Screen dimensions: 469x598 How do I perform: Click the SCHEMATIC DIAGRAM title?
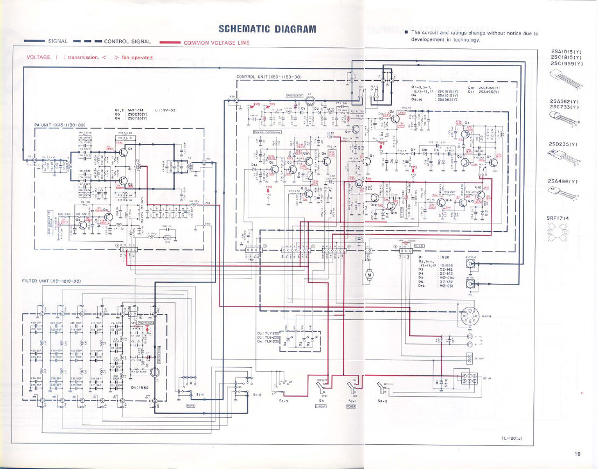tap(267, 29)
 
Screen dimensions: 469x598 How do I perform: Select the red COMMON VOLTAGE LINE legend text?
tap(217, 43)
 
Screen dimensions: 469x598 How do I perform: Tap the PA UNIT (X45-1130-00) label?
tap(60, 124)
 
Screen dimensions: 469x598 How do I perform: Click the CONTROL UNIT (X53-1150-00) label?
tap(272, 77)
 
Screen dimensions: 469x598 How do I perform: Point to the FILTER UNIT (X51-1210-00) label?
tap(51, 281)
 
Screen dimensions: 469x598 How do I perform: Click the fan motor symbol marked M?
tap(370, 275)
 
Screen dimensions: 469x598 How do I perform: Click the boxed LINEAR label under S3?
tap(321, 405)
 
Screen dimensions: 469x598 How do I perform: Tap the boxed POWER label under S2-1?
tap(351, 405)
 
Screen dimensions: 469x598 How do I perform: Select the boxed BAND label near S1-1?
tap(190, 405)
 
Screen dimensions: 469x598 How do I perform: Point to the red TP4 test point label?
tap(269, 188)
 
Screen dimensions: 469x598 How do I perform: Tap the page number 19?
tap(578, 454)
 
